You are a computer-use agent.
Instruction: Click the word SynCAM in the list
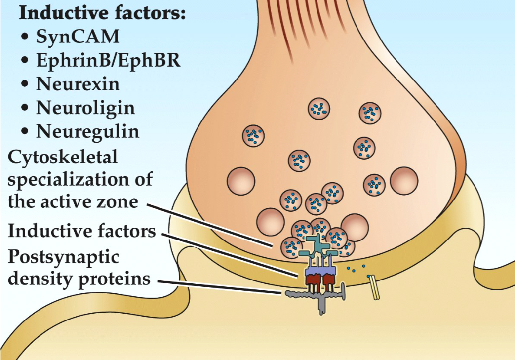[x=78, y=37]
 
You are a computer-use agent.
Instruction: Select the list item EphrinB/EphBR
[x=108, y=60]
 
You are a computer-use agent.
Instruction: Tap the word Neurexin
[x=78, y=84]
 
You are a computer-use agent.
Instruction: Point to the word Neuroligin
[x=85, y=108]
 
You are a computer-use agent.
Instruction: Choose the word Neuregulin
[x=87, y=131]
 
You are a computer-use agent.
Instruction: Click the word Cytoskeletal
[x=62, y=158]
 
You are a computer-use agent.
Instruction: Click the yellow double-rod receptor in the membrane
[x=375, y=287]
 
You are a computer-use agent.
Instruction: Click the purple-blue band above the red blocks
[x=320, y=271]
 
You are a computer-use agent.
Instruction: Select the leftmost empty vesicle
[x=240, y=181]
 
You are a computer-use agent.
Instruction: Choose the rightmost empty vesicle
[x=404, y=180]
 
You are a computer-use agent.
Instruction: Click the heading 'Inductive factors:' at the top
[x=102, y=13]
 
